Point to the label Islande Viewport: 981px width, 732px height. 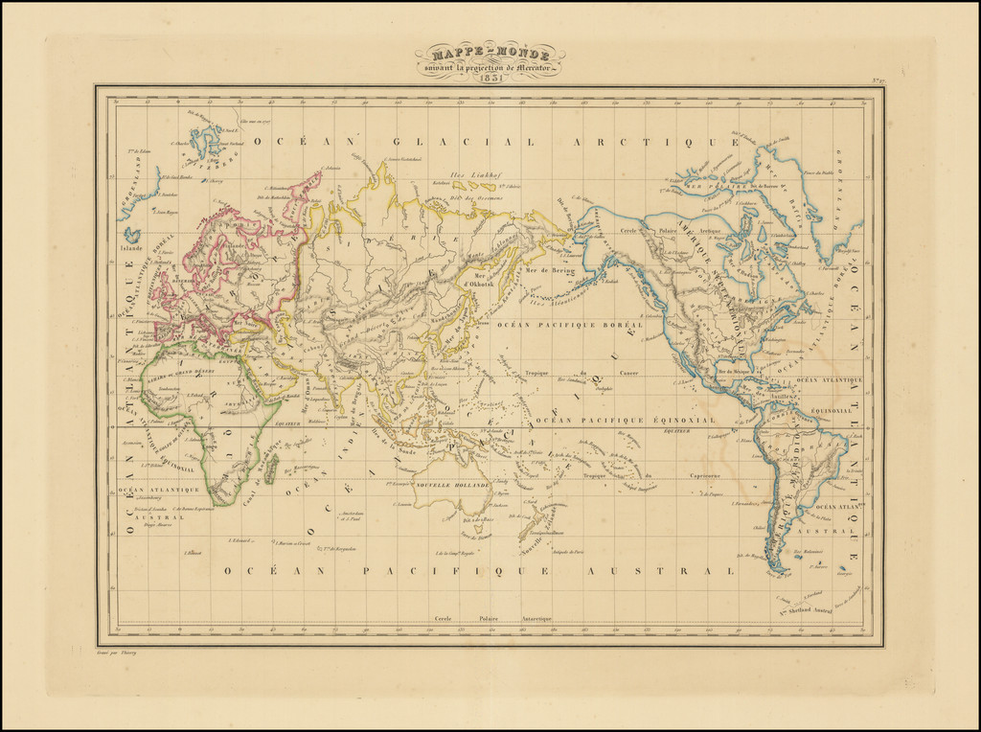point(132,245)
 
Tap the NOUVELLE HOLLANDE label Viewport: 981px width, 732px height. point(453,486)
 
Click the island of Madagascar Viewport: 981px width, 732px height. point(271,468)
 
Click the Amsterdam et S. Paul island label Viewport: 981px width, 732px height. point(349,517)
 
